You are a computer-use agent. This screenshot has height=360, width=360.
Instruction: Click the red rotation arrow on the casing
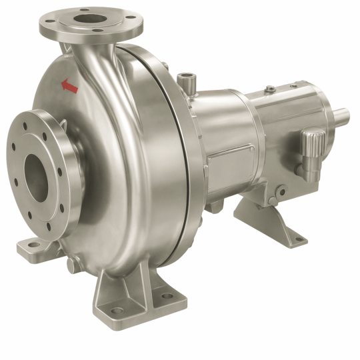click(69, 85)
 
